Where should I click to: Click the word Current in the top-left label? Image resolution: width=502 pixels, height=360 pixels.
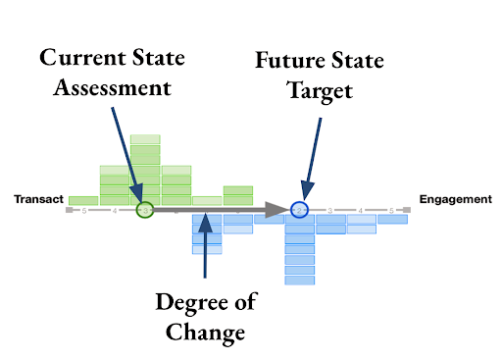[x=75, y=55]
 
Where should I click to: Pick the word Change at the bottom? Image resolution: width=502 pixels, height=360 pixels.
[x=203, y=334]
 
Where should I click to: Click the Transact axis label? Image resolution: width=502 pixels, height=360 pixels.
[x=38, y=199]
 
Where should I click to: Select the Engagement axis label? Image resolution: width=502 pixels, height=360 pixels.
[x=455, y=199]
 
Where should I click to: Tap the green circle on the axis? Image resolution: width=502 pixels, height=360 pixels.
[x=145, y=209]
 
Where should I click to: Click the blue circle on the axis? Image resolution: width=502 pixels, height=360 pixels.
[x=300, y=209]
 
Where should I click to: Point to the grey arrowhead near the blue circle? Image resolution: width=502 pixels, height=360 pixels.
[x=280, y=209]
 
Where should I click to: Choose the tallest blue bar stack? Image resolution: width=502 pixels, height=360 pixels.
[x=300, y=249]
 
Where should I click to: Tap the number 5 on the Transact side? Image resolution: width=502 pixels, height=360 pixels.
[x=85, y=210]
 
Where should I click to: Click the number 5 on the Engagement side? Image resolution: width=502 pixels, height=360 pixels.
[x=392, y=210]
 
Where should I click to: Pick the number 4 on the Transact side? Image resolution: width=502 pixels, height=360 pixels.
[x=116, y=210]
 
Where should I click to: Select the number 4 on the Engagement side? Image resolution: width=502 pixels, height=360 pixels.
[x=362, y=210]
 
